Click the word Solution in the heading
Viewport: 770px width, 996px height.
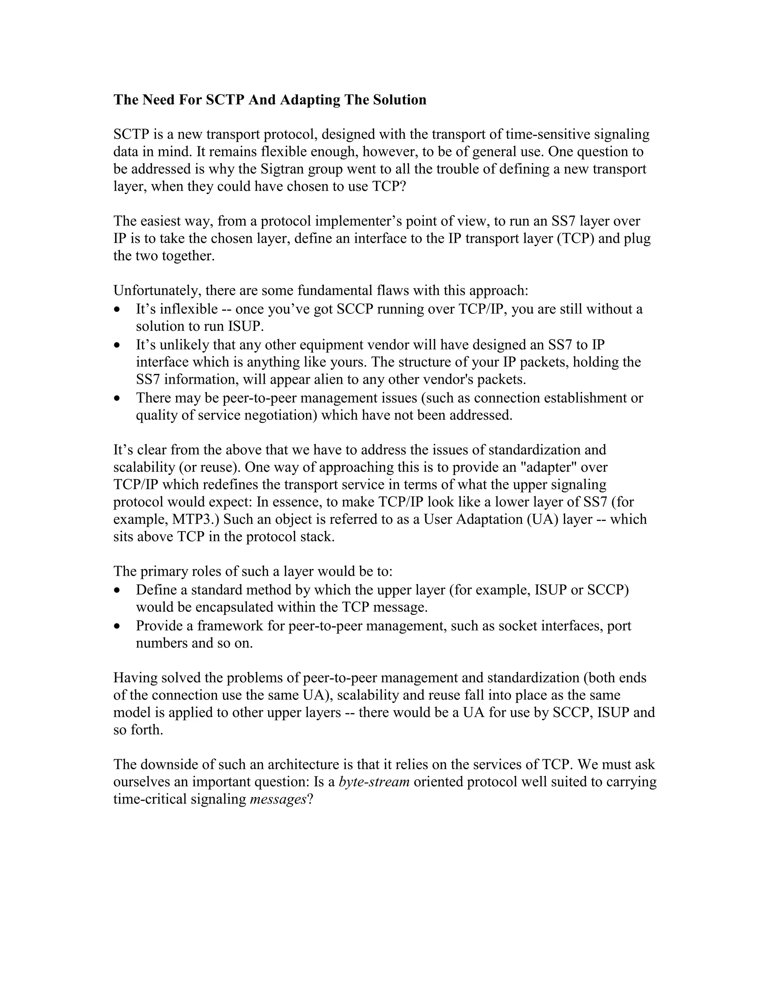coord(400,100)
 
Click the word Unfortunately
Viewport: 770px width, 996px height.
coord(158,291)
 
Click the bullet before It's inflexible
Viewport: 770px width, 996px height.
coord(118,309)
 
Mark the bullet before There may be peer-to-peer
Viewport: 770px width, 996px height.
coord(118,398)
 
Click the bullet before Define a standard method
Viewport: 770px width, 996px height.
coord(118,590)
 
